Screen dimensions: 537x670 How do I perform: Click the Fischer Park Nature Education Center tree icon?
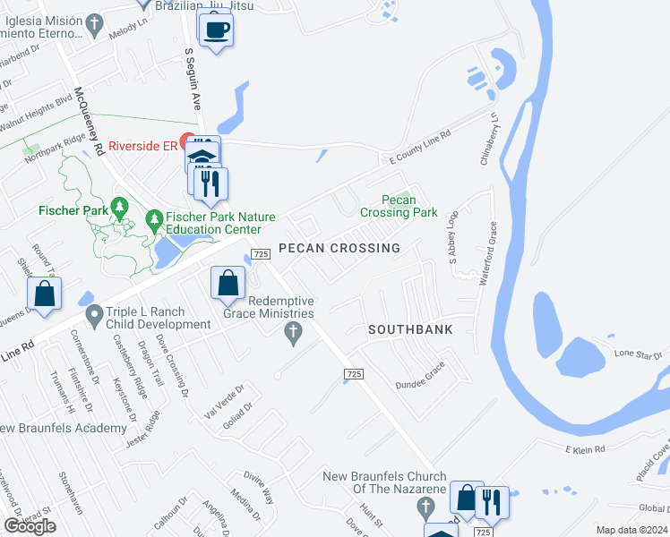pos(154,218)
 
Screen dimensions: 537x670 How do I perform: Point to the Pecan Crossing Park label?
pos(398,206)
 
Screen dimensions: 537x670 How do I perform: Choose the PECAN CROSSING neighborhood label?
pos(339,248)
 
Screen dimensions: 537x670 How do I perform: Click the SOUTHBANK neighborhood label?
pos(411,329)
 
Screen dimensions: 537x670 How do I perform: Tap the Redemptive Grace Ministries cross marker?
pos(291,334)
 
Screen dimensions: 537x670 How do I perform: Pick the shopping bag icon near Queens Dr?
pos(43,294)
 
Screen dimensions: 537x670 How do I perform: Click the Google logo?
pos(30,526)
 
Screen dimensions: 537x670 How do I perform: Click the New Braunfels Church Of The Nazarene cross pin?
pos(425,508)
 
